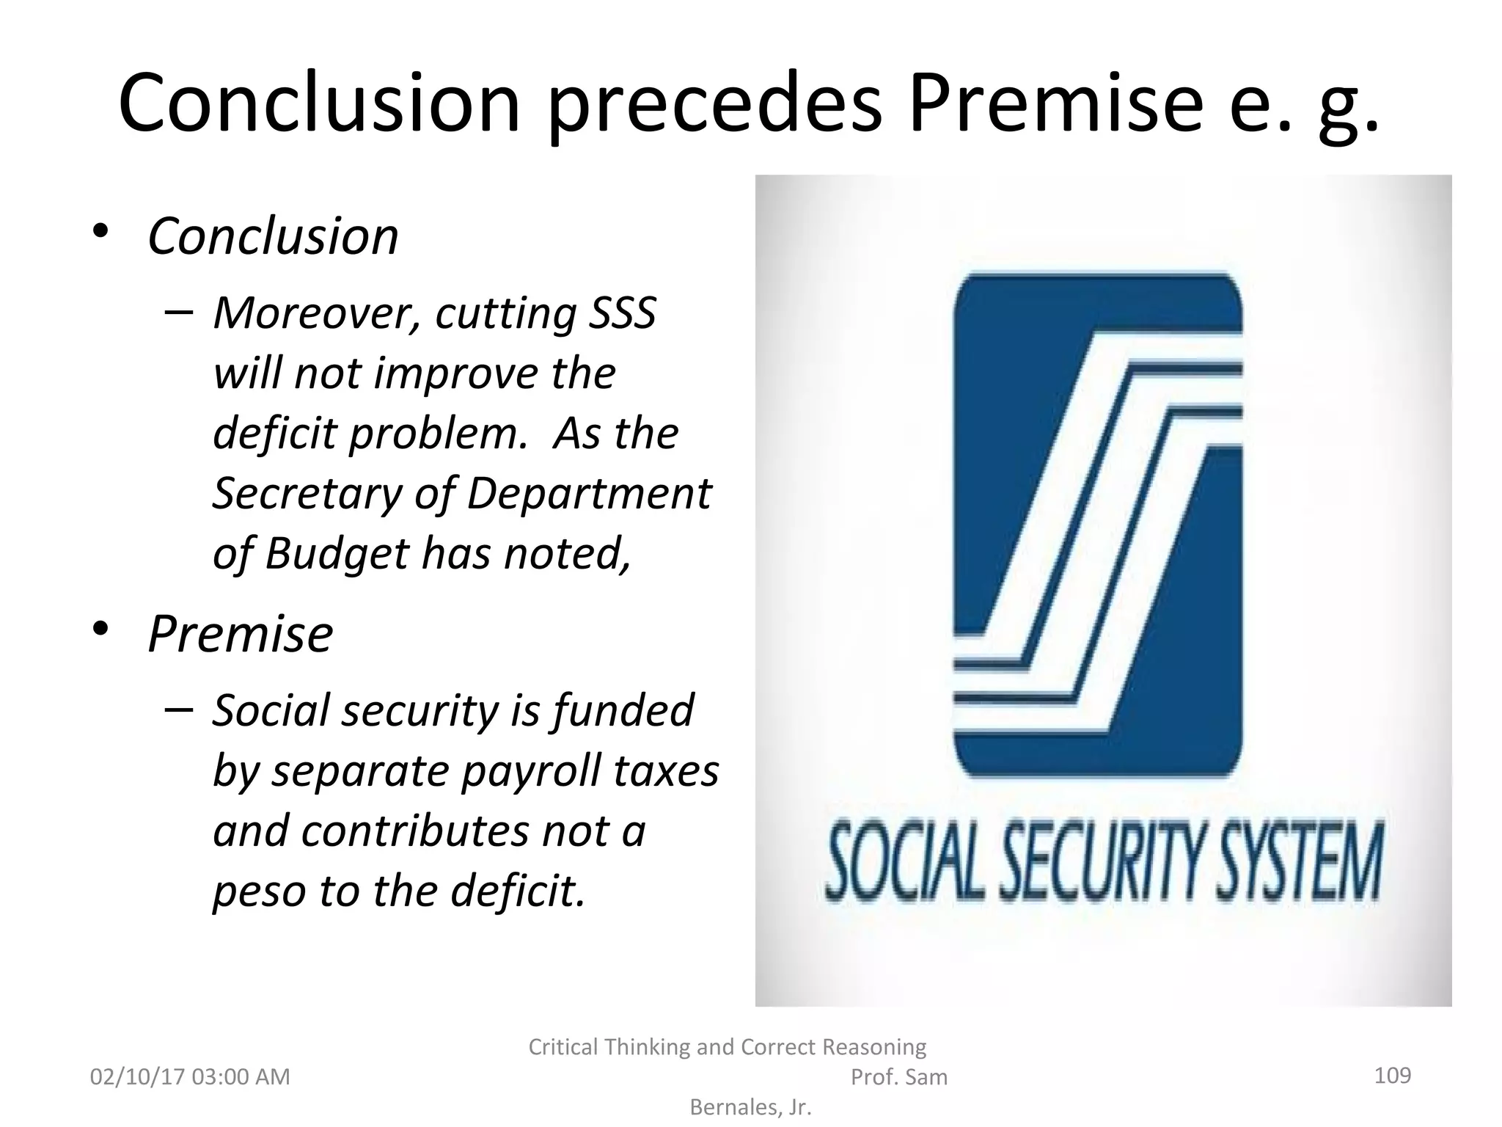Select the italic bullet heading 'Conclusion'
pos(273,236)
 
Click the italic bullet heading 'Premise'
pos(241,633)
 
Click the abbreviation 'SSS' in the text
pos(622,313)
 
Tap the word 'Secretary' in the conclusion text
pos(307,493)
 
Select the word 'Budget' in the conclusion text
pos(337,553)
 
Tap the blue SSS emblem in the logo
pos(1097,525)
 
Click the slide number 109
pos(1392,1076)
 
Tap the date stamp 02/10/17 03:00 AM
pos(190,1077)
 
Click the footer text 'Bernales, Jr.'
pos(750,1107)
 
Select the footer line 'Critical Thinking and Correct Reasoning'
pos(727,1047)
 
